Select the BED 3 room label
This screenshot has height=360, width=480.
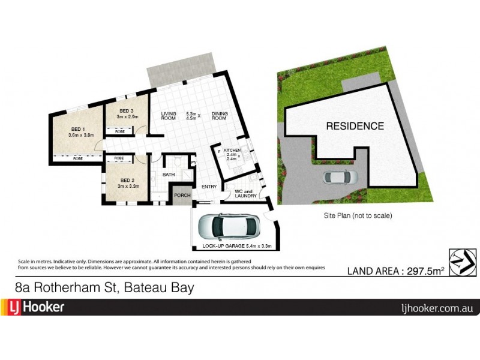[125, 111]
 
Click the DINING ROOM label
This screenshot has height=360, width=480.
[219, 116]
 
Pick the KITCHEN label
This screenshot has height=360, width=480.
[233, 149]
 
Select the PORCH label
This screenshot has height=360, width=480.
[182, 196]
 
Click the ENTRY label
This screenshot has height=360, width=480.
[209, 187]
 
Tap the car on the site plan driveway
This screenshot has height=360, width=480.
[340, 177]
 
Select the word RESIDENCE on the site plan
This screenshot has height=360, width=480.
[355, 126]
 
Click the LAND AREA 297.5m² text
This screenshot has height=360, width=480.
[396, 271]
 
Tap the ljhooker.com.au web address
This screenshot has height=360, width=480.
[437, 308]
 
